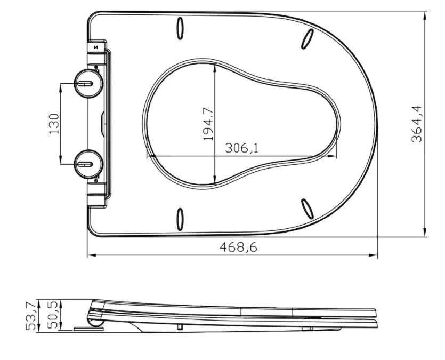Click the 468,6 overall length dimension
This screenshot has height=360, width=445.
pos(238,247)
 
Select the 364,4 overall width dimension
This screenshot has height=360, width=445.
pos(417,124)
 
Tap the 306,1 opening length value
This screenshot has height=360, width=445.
pos(242,148)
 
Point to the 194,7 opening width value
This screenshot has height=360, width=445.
pos(208,124)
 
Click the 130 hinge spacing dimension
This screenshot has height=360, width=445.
pos(54,124)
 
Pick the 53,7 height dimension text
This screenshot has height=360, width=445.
pos(31,316)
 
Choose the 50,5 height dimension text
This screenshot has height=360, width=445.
pos(53,315)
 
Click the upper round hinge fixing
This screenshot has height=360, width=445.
pos(88,84)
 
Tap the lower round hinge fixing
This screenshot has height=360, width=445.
pos(88,164)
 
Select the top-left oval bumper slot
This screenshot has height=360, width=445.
pos(180,28)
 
